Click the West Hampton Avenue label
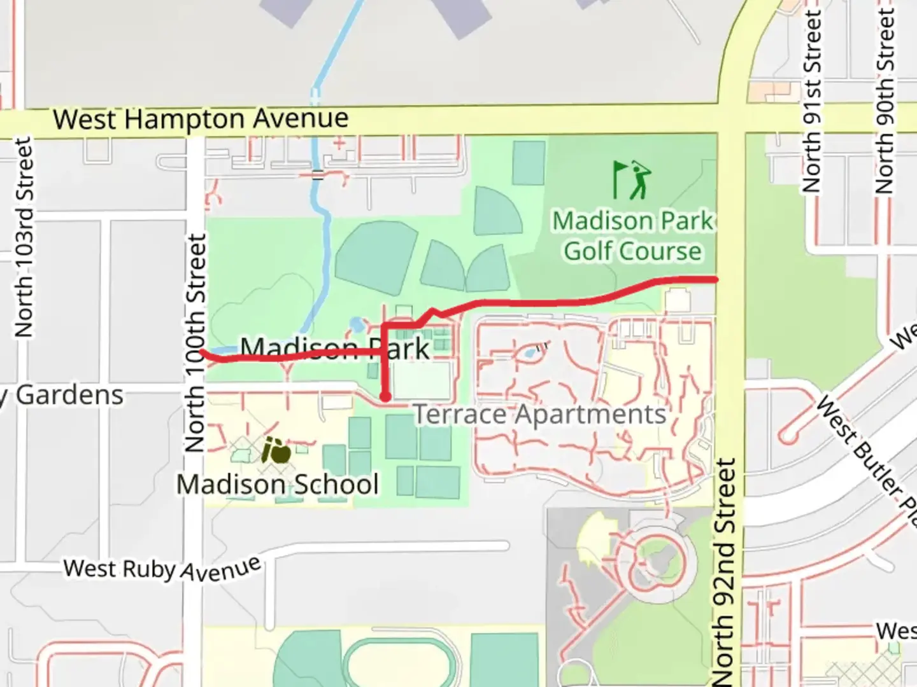[x=201, y=119]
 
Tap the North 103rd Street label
[x=24, y=237]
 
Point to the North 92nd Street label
[x=723, y=571]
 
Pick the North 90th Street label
[x=885, y=102]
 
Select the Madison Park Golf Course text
[x=632, y=236]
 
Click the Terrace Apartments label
[x=540, y=415]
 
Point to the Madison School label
[x=278, y=485]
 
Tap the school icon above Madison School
[x=276, y=451]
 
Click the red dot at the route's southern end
[x=385, y=397]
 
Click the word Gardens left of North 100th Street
[x=69, y=395]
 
